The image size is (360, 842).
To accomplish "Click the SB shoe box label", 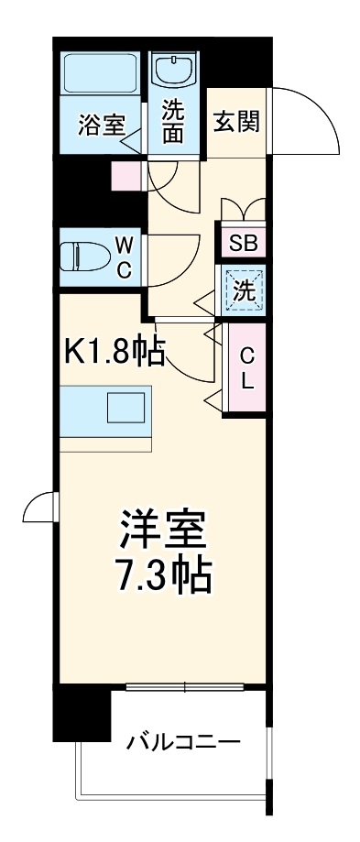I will pyautogui.click(x=243, y=244).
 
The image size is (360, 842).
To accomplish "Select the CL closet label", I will pyautogui.click(x=246, y=367).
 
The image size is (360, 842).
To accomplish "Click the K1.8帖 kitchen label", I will pyautogui.click(x=115, y=353).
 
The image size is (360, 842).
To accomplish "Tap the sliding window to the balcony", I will pyautogui.click(x=188, y=686).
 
